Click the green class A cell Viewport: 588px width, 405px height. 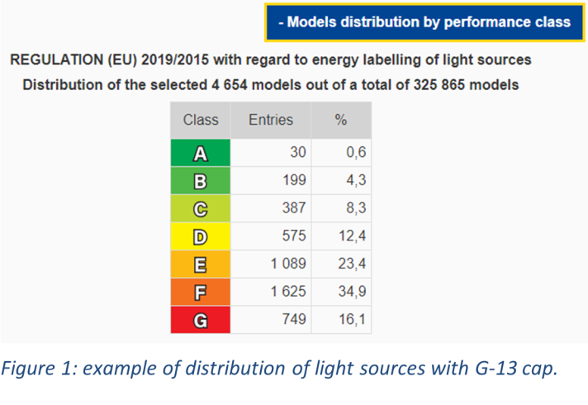point(201,153)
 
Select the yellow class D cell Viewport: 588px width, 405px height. point(201,236)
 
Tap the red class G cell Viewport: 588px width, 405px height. point(201,320)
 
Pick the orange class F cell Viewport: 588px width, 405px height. point(201,292)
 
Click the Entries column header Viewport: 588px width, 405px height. point(271,120)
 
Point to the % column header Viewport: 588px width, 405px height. point(341,120)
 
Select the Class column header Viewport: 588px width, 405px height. point(201,120)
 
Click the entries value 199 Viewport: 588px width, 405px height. point(294,180)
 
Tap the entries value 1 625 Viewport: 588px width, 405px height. point(288,292)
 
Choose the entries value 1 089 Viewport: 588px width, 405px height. point(288,264)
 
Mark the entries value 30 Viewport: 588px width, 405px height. point(298,152)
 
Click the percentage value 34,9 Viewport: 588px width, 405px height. point(352,292)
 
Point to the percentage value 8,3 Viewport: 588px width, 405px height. point(356,208)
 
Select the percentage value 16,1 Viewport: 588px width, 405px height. point(352,319)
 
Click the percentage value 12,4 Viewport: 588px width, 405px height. point(352,236)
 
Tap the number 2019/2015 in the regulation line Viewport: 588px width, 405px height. point(175,60)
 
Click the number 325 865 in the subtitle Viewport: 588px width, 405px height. point(439,85)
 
